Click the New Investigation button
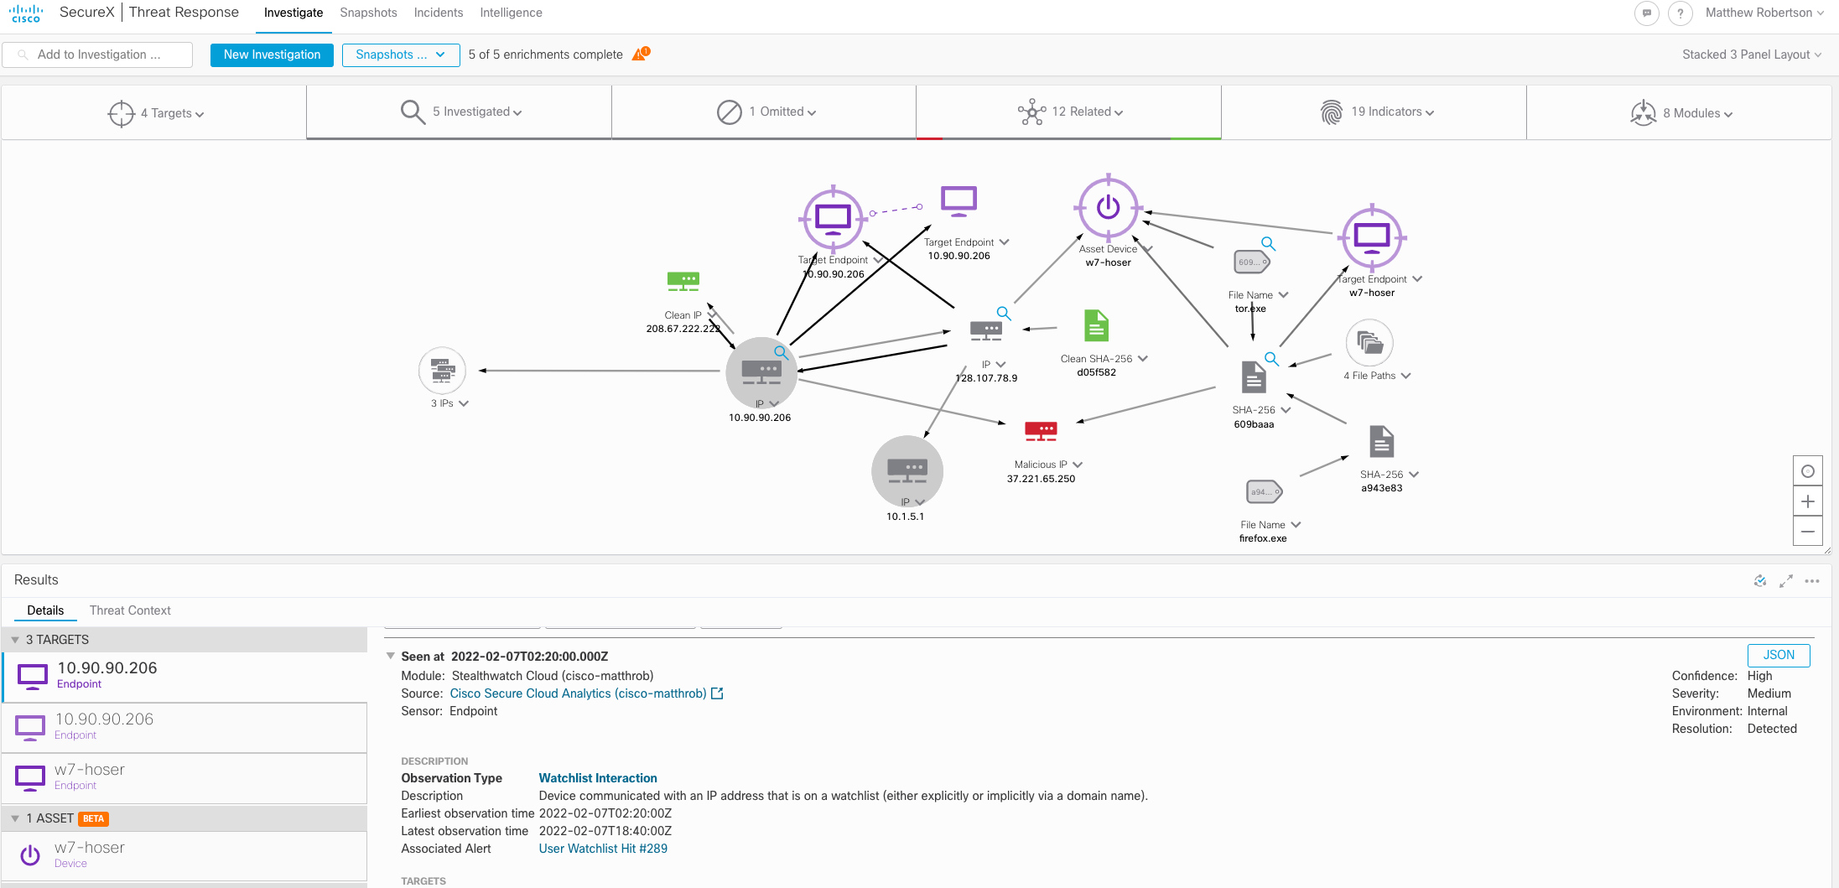point(272,55)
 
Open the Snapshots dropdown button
point(400,55)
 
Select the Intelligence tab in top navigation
point(511,13)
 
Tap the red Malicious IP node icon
point(1041,432)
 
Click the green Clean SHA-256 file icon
point(1096,326)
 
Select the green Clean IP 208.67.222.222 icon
point(683,281)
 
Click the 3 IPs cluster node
point(442,370)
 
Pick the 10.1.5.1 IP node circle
point(907,470)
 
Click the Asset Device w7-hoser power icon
point(1108,206)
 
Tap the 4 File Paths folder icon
point(1369,343)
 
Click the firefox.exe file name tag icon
point(1263,492)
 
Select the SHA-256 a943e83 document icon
point(1381,442)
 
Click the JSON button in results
point(1778,655)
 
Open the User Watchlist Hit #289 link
point(603,849)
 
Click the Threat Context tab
point(130,610)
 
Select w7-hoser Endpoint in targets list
point(89,776)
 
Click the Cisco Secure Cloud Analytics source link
point(578,693)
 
